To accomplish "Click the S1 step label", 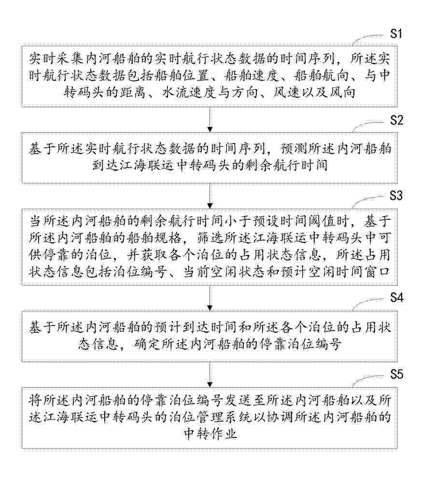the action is click(x=396, y=34).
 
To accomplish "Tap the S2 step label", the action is click(x=396, y=120).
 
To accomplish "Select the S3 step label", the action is click(x=396, y=196).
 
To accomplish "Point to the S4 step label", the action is click(x=396, y=297).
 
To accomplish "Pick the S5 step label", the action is click(x=396, y=374).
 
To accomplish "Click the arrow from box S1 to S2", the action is click(x=210, y=120).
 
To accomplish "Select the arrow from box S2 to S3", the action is click(x=210, y=196).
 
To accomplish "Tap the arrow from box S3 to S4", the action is click(x=210, y=298).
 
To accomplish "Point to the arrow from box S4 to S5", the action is click(x=210, y=375).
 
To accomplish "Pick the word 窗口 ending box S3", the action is click(x=378, y=271).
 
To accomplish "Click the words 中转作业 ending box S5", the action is click(x=210, y=433).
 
